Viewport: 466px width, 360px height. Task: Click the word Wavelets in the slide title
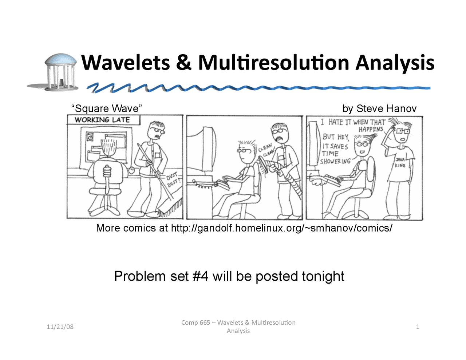pos(125,62)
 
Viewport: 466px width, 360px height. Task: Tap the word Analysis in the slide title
pos(395,63)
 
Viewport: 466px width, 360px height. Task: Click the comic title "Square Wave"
pos(106,108)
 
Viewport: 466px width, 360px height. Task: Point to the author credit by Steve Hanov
pos(379,108)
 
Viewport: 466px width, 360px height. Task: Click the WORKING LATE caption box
pos(102,120)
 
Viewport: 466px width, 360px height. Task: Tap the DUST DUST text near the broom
pos(173,180)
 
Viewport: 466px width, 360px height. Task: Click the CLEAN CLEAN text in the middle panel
pos(266,150)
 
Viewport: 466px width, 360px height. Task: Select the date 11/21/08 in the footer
pos(60,327)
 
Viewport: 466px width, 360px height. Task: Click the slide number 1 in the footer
pos(418,327)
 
